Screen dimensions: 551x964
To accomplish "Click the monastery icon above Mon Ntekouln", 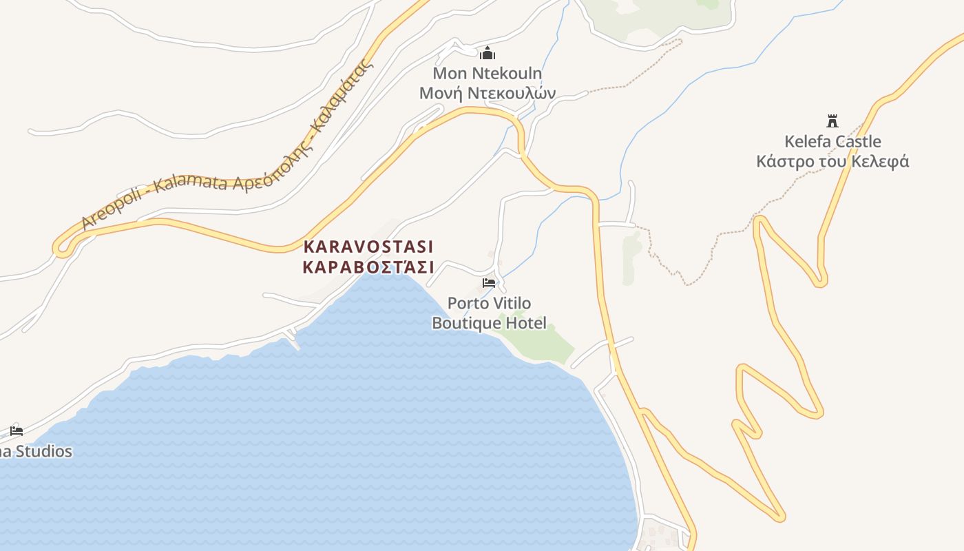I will click(x=488, y=53).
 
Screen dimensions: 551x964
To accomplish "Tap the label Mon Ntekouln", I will click(x=488, y=73).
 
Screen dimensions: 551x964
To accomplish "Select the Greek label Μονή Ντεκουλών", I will click(x=488, y=93).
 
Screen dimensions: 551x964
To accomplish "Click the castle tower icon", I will click(x=832, y=121).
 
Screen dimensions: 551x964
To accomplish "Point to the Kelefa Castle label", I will click(x=832, y=142).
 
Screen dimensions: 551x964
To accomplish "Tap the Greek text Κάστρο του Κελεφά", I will click(x=832, y=162).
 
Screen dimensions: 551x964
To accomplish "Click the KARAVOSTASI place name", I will click(x=368, y=247).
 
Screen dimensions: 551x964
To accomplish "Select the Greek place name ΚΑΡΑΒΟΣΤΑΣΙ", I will click(x=368, y=267).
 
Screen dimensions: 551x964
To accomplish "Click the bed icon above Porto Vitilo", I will click(x=489, y=282).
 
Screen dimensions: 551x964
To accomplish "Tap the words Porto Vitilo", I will click(x=489, y=303).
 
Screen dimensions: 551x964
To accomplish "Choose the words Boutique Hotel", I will click(x=489, y=323).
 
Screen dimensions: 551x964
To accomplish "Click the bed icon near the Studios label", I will click(x=17, y=431).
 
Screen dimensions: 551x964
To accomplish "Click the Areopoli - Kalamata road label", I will click(x=227, y=152).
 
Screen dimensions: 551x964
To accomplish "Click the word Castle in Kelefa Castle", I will click(x=857, y=142).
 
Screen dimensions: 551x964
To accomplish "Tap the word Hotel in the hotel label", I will click(x=526, y=323).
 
